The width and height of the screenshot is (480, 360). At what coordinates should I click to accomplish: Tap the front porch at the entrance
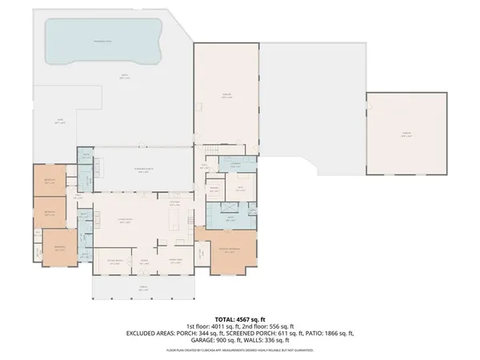144,287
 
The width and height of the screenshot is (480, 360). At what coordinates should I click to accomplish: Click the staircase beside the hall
210,151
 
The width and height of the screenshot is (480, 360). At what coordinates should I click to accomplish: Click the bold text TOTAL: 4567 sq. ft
241,318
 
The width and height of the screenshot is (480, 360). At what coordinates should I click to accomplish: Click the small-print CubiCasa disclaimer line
240,350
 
